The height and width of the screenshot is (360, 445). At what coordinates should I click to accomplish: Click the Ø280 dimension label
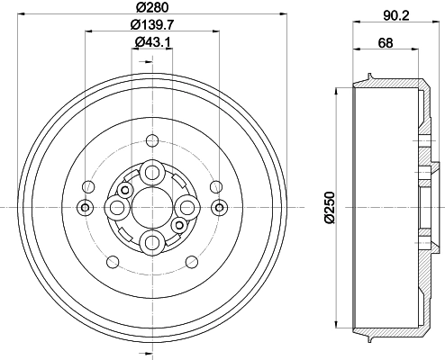pyautogui.click(x=152, y=7)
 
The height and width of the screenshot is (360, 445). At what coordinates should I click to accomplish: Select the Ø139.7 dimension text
pyautogui.click(x=152, y=24)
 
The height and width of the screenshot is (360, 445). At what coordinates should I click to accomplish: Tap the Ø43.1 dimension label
pyautogui.click(x=153, y=42)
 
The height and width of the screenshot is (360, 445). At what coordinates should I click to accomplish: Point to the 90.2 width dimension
pyautogui.click(x=396, y=15)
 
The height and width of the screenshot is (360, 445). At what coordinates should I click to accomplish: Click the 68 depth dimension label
pyautogui.click(x=386, y=42)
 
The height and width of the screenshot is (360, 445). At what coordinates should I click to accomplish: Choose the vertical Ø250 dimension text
pyautogui.click(x=330, y=207)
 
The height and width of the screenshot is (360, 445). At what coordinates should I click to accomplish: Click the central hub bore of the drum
pyautogui.click(x=152, y=207)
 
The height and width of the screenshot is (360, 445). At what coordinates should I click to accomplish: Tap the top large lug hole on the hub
pyautogui.click(x=152, y=173)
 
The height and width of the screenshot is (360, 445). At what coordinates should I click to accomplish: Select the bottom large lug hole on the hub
pyautogui.click(x=152, y=242)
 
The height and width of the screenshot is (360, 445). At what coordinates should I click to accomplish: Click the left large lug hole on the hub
pyautogui.click(x=117, y=207)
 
